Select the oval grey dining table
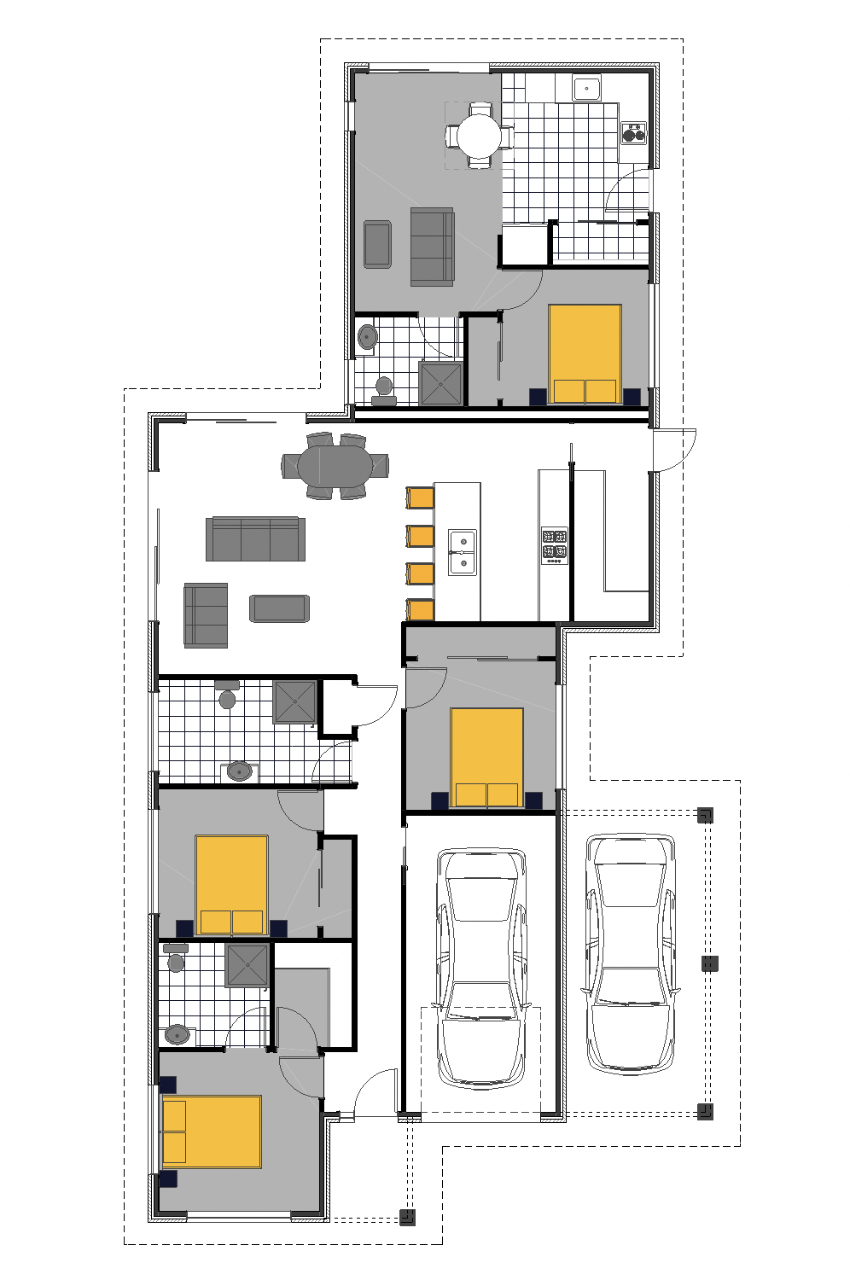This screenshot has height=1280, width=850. tap(335, 466)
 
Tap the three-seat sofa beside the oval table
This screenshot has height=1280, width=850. tap(255, 539)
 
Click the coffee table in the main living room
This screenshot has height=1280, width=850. tap(279, 608)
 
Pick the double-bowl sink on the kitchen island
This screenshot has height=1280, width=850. tap(463, 552)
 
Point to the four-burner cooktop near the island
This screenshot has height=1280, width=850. tap(555, 545)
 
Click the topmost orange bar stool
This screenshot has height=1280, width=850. tap(421, 497)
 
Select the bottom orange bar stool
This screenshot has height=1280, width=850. tap(421, 609)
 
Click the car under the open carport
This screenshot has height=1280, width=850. tap(630, 951)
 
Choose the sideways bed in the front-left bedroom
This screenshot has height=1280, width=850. tap(212, 1132)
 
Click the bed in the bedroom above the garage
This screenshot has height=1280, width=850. tap(486, 757)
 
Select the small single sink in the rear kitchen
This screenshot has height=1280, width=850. tap(587, 88)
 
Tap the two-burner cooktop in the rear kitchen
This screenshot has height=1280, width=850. tap(633, 132)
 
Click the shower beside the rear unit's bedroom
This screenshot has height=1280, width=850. tap(441, 383)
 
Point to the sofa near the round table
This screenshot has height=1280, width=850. tap(432, 246)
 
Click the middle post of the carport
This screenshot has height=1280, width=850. tap(709, 963)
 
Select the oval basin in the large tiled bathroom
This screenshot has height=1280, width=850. tap(240, 771)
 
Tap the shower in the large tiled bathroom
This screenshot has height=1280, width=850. tap(294, 701)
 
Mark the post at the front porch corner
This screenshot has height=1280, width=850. tap(408, 1217)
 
